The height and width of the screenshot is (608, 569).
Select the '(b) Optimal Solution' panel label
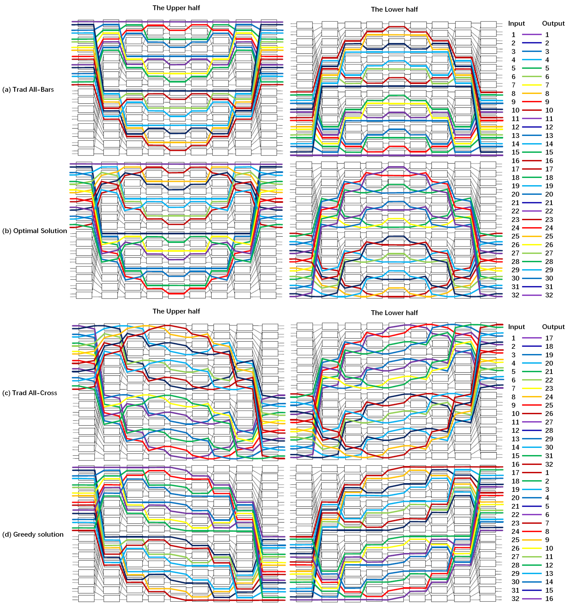point(35,231)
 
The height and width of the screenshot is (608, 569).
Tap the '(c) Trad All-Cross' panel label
point(30,393)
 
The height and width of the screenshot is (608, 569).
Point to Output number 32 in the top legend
point(549,295)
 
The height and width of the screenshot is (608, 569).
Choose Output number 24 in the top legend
point(549,228)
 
